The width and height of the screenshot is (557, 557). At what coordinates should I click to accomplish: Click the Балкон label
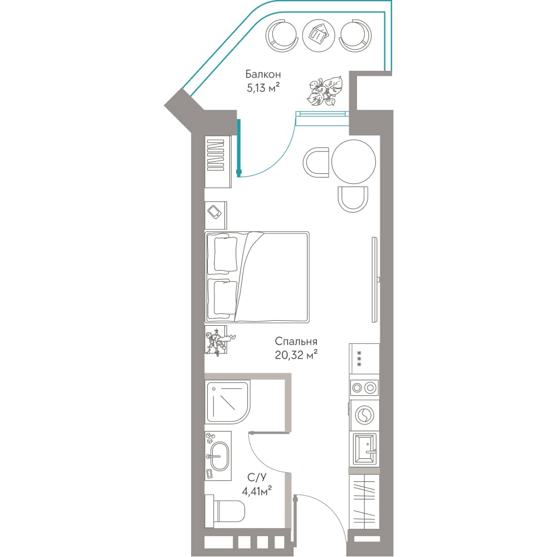pos(263,74)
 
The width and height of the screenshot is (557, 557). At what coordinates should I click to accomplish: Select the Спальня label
pos(296,341)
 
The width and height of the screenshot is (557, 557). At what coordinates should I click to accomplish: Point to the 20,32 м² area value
pos(296,354)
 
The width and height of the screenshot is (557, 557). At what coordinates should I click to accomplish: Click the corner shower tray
pos(228,403)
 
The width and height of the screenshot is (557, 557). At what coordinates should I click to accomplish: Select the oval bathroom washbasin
pos(220,456)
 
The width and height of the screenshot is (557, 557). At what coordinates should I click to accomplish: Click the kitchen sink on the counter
pos(364,449)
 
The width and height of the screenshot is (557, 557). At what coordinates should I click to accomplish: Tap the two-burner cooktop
pos(364,388)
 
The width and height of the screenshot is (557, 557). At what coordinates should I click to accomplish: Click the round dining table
pos(354,162)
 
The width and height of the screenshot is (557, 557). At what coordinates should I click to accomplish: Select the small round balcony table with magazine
pos(319,35)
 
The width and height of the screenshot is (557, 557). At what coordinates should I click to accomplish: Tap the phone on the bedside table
pos(214,212)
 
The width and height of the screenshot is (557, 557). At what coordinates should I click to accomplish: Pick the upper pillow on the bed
pos(225,255)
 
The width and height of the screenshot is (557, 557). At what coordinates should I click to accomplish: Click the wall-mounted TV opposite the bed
pos(374,280)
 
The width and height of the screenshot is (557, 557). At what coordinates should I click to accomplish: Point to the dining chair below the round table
pos(353,199)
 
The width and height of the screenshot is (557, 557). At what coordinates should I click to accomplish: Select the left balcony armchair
pos(281,35)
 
